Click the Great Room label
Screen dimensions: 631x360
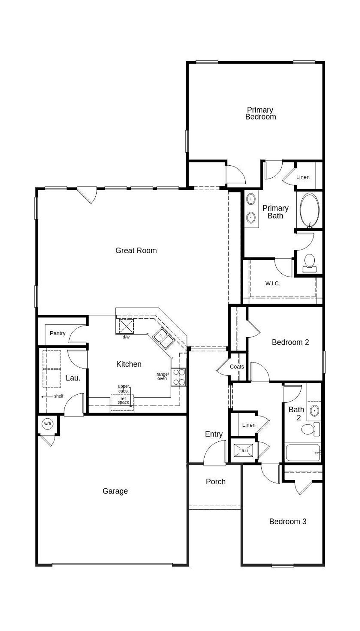[x=136, y=250]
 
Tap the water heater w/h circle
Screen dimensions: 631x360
[x=47, y=423]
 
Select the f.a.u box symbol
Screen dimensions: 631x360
[x=243, y=451]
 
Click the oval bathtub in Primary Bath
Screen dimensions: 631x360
[x=310, y=210]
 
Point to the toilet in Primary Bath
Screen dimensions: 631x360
[x=309, y=262]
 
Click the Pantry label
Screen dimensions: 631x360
[x=58, y=333]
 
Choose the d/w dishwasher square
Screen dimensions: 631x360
[x=126, y=326]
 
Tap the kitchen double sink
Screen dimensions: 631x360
[x=164, y=338]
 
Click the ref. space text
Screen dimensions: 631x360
[x=123, y=401]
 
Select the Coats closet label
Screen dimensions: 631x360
[x=237, y=367]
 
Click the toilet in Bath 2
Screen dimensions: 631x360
[x=309, y=429]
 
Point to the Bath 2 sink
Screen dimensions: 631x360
[x=314, y=410]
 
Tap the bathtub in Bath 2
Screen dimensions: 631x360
[x=303, y=453]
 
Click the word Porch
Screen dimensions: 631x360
[x=216, y=482]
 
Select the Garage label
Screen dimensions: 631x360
[x=115, y=491]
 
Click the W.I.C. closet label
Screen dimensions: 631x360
[x=273, y=283]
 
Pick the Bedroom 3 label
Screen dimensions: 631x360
[x=288, y=521]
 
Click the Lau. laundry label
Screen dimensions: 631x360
[x=73, y=378]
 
